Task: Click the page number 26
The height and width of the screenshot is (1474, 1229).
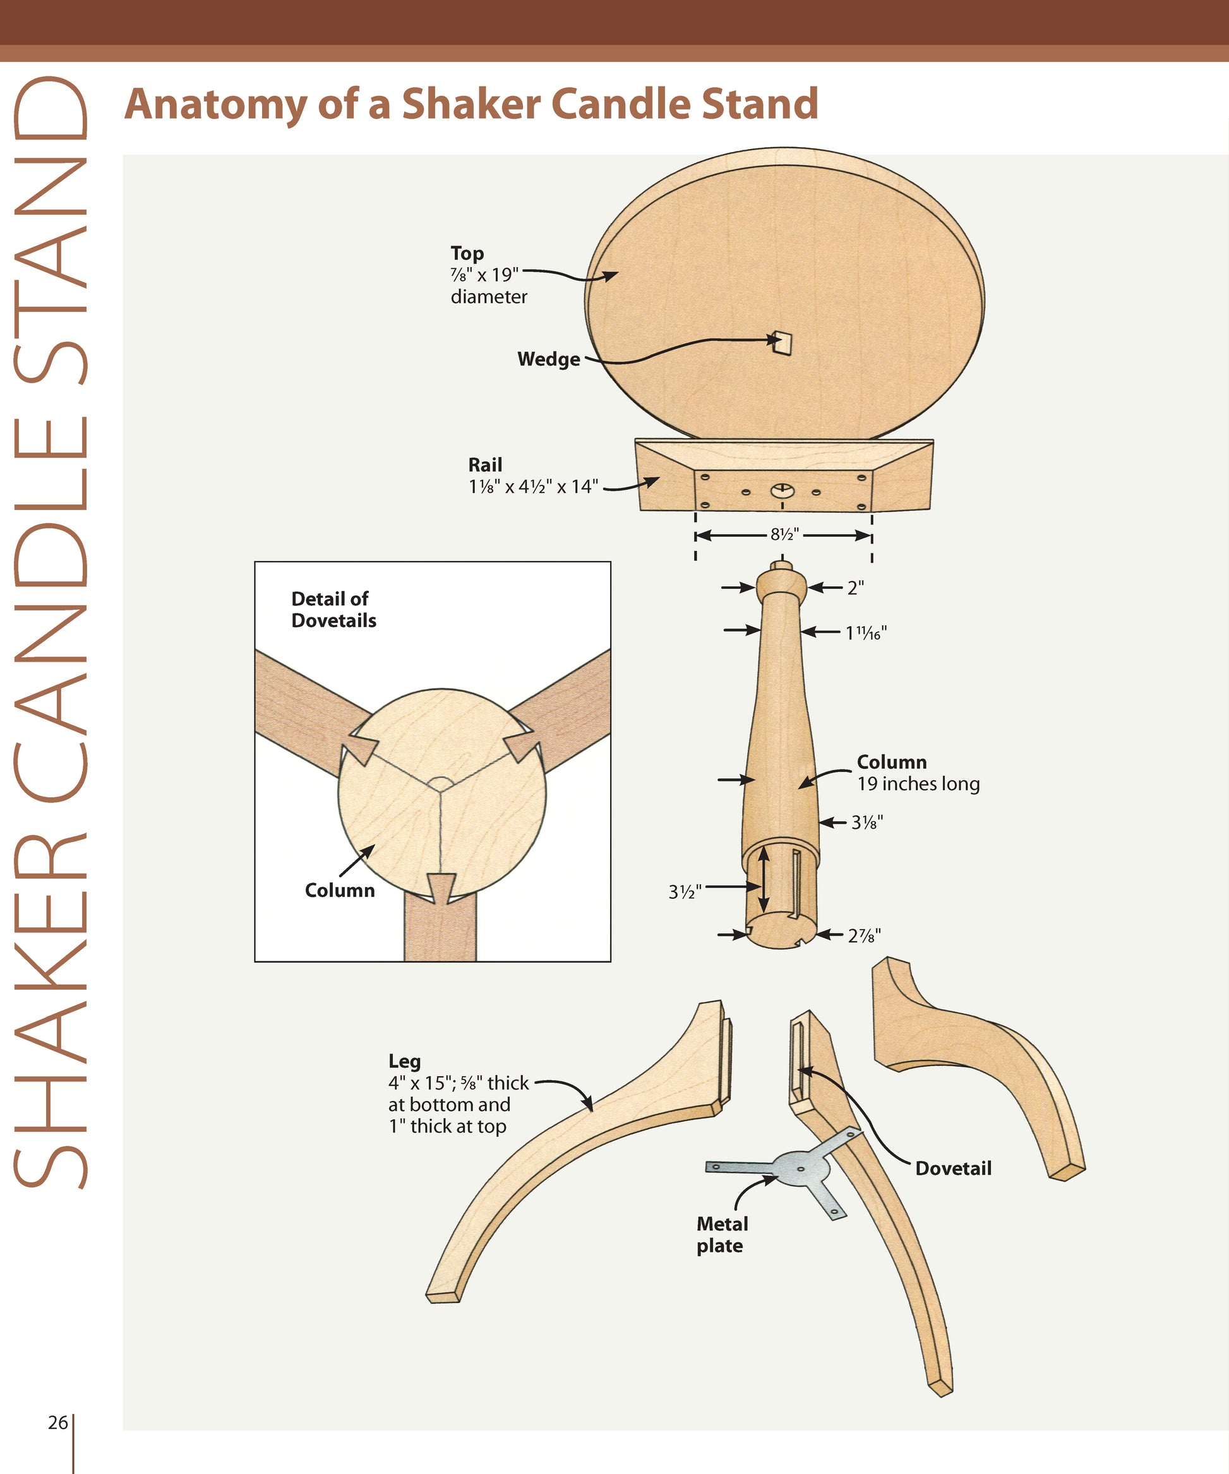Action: pyautogui.click(x=57, y=1422)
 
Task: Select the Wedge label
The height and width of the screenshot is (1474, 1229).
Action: pyautogui.click(x=548, y=359)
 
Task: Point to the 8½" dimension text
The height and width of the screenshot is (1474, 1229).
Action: pyautogui.click(x=784, y=535)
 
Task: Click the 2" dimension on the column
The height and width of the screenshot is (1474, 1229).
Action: pyautogui.click(x=854, y=588)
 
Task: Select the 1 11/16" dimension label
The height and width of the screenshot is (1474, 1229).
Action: pyautogui.click(x=865, y=633)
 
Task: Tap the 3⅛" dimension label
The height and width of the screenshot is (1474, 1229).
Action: pyautogui.click(x=866, y=822)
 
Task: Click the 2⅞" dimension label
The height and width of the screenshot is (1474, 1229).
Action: pyautogui.click(x=864, y=936)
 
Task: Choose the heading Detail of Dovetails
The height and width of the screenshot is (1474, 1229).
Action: pyautogui.click(x=333, y=609)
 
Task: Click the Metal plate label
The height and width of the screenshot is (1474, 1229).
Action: pyautogui.click(x=722, y=1234)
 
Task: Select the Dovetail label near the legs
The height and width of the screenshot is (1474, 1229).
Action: pyautogui.click(x=953, y=1168)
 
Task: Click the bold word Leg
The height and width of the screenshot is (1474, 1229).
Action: pyautogui.click(x=405, y=1061)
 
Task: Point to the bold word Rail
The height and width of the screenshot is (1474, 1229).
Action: pyautogui.click(x=484, y=465)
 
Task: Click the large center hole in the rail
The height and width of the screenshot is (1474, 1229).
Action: pyautogui.click(x=782, y=490)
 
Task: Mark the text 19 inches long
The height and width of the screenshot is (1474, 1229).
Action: pyautogui.click(x=918, y=784)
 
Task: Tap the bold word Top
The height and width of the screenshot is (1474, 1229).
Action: pyautogui.click(x=467, y=253)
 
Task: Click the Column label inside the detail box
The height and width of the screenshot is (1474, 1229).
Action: pyautogui.click(x=339, y=890)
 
